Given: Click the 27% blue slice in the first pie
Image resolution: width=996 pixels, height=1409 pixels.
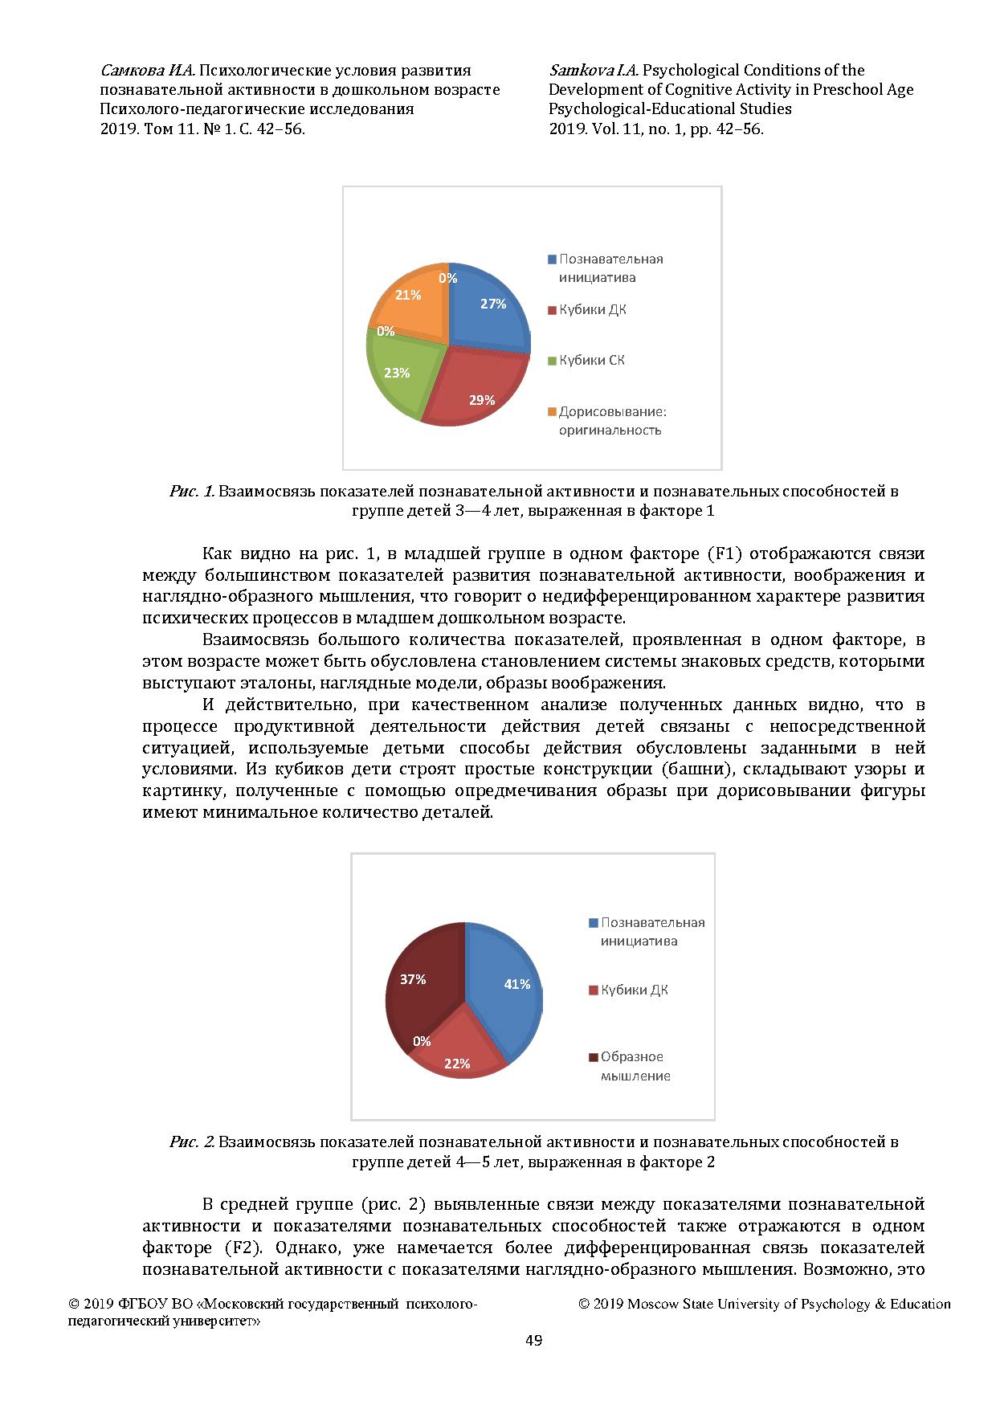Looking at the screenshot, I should click(x=486, y=309).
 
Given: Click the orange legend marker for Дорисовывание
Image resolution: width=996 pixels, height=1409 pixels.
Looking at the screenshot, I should click(x=552, y=412).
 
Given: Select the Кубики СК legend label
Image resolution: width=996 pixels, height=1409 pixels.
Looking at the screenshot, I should click(x=592, y=361).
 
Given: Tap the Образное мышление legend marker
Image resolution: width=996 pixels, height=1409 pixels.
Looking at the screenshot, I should click(x=594, y=1057).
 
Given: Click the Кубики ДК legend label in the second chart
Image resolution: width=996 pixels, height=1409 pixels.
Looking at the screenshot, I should click(x=635, y=990).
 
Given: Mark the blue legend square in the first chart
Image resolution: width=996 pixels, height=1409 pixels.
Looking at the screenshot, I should click(x=552, y=259).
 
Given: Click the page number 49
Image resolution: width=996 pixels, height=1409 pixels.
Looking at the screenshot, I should click(x=533, y=1340).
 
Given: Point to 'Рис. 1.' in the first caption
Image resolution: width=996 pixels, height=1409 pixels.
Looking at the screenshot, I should click(x=191, y=491).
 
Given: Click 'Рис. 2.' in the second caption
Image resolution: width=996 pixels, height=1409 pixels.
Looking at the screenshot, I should click(x=191, y=1141).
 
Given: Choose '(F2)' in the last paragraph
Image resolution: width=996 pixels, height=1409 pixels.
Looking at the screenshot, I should click(x=235, y=1248).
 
